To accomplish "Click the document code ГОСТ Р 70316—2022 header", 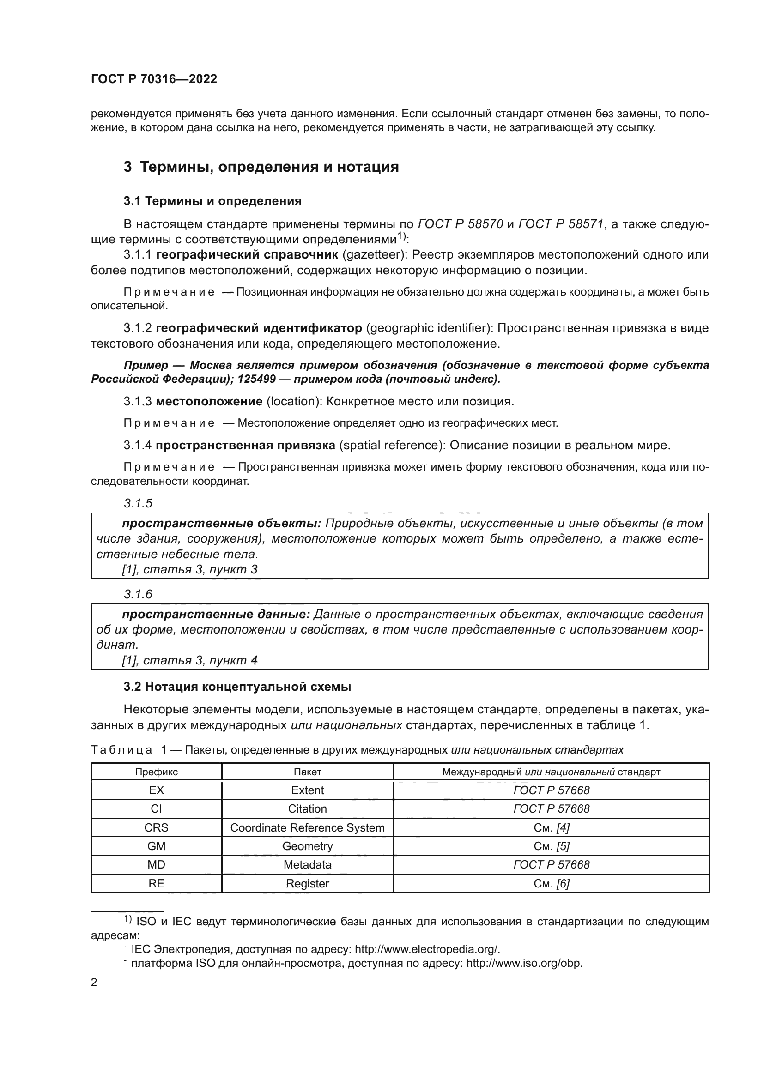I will click(154, 79).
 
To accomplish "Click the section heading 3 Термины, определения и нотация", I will click(261, 167).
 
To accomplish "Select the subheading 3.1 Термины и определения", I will click(212, 201).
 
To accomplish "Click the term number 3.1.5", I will click(138, 503).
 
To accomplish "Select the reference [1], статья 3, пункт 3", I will click(189, 570).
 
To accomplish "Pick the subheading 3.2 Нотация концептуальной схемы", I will click(237, 687).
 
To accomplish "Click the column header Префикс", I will click(156, 772).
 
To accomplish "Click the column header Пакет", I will click(307, 772).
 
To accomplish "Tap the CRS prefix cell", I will click(156, 827).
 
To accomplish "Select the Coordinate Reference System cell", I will click(307, 827).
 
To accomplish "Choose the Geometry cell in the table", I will click(307, 846).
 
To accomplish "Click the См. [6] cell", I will click(552, 883).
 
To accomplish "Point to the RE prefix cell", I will click(156, 883).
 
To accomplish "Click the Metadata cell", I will click(307, 864).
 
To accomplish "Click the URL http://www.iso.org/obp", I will click(524, 963).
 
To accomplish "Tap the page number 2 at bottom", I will click(94, 983).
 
